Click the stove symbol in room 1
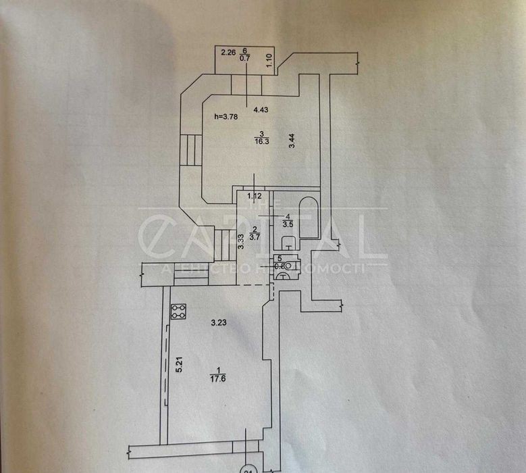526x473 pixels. (179, 312)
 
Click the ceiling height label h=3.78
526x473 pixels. (226, 116)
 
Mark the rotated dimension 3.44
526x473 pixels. (292, 141)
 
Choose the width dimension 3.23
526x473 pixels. (217, 322)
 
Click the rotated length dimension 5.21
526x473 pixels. (180, 366)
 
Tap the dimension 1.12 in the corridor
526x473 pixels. (254, 197)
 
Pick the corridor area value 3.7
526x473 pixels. (255, 236)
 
